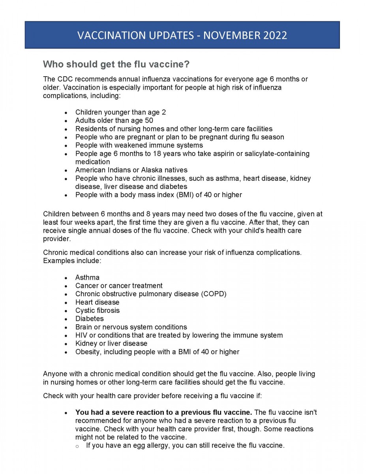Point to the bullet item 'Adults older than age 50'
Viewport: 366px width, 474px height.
click(x=114, y=120)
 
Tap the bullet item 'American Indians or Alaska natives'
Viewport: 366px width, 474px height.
click(x=131, y=170)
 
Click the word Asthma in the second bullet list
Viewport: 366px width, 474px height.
click(x=87, y=277)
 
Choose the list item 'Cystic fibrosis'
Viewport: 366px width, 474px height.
click(x=97, y=310)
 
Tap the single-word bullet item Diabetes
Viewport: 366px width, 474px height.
click(x=90, y=319)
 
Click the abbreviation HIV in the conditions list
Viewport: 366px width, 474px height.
click(x=81, y=335)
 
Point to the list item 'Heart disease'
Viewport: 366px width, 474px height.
click(x=97, y=302)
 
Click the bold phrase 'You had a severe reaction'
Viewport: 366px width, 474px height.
click(x=118, y=412)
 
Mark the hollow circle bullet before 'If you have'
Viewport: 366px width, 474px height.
click(x=77, y=446)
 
